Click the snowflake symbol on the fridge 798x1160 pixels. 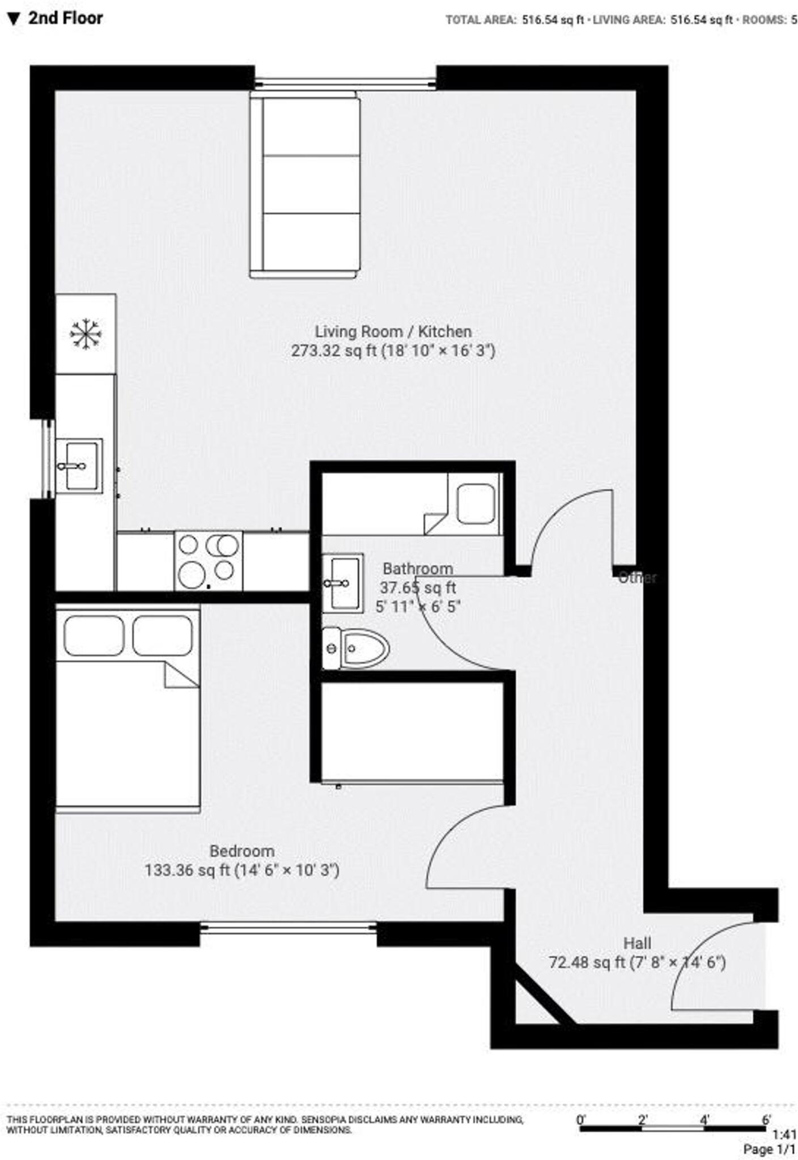85,334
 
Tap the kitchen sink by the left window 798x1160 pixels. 79,466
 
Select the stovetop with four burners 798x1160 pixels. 208,561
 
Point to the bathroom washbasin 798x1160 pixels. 343,583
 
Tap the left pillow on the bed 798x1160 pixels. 94,636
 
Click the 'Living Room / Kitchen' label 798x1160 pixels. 393,331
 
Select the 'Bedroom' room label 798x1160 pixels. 242,851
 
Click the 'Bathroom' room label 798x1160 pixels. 418,568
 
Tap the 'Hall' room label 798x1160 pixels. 637,943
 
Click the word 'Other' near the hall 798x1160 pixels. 637,578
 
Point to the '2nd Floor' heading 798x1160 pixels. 65,18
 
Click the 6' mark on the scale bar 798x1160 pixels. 766,1120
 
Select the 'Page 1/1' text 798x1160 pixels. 769,1149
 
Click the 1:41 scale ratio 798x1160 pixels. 784,1135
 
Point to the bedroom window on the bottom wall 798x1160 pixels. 288,927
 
